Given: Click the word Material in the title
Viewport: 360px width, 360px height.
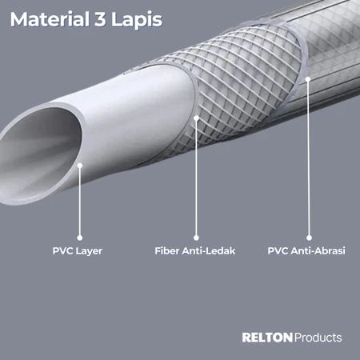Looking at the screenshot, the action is [x=50, y=19].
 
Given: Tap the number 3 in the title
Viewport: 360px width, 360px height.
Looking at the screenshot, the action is [x=100, y=19].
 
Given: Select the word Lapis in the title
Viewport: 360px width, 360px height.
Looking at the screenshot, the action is [x=137, y=20].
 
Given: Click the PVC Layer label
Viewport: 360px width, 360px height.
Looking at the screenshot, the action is [x=78, y=251].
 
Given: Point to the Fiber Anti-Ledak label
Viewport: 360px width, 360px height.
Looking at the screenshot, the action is [x=195, y=250].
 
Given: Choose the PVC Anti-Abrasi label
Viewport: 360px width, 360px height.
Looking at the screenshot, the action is [x=306, y=250].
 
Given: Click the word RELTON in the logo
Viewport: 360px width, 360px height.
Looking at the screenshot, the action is [x=267, y=338].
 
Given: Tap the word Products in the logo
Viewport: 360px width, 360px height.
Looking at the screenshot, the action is [x=318, y=338].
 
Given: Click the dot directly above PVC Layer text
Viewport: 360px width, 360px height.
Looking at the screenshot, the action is [x=80, y=238].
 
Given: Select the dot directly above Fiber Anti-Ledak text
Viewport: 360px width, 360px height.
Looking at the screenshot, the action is [x=196, y=238].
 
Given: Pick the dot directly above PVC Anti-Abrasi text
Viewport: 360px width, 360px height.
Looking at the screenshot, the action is [x=309, y=238].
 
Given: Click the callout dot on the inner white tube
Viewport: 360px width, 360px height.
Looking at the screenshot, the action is [x=80, y=166].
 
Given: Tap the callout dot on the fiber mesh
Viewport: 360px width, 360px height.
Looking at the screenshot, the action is [x=196, y=118].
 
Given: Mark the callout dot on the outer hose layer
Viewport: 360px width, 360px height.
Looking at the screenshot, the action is [x=308, y=79].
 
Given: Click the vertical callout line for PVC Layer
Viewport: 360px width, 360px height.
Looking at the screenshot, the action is [x=80, y=202].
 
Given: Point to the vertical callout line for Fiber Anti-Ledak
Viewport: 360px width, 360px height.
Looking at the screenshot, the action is [x=196, y=178].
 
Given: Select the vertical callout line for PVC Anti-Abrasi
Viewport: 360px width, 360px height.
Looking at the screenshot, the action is [x=309, y=158].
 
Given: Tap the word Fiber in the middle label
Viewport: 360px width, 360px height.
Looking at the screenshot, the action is [x=167, y=250].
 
